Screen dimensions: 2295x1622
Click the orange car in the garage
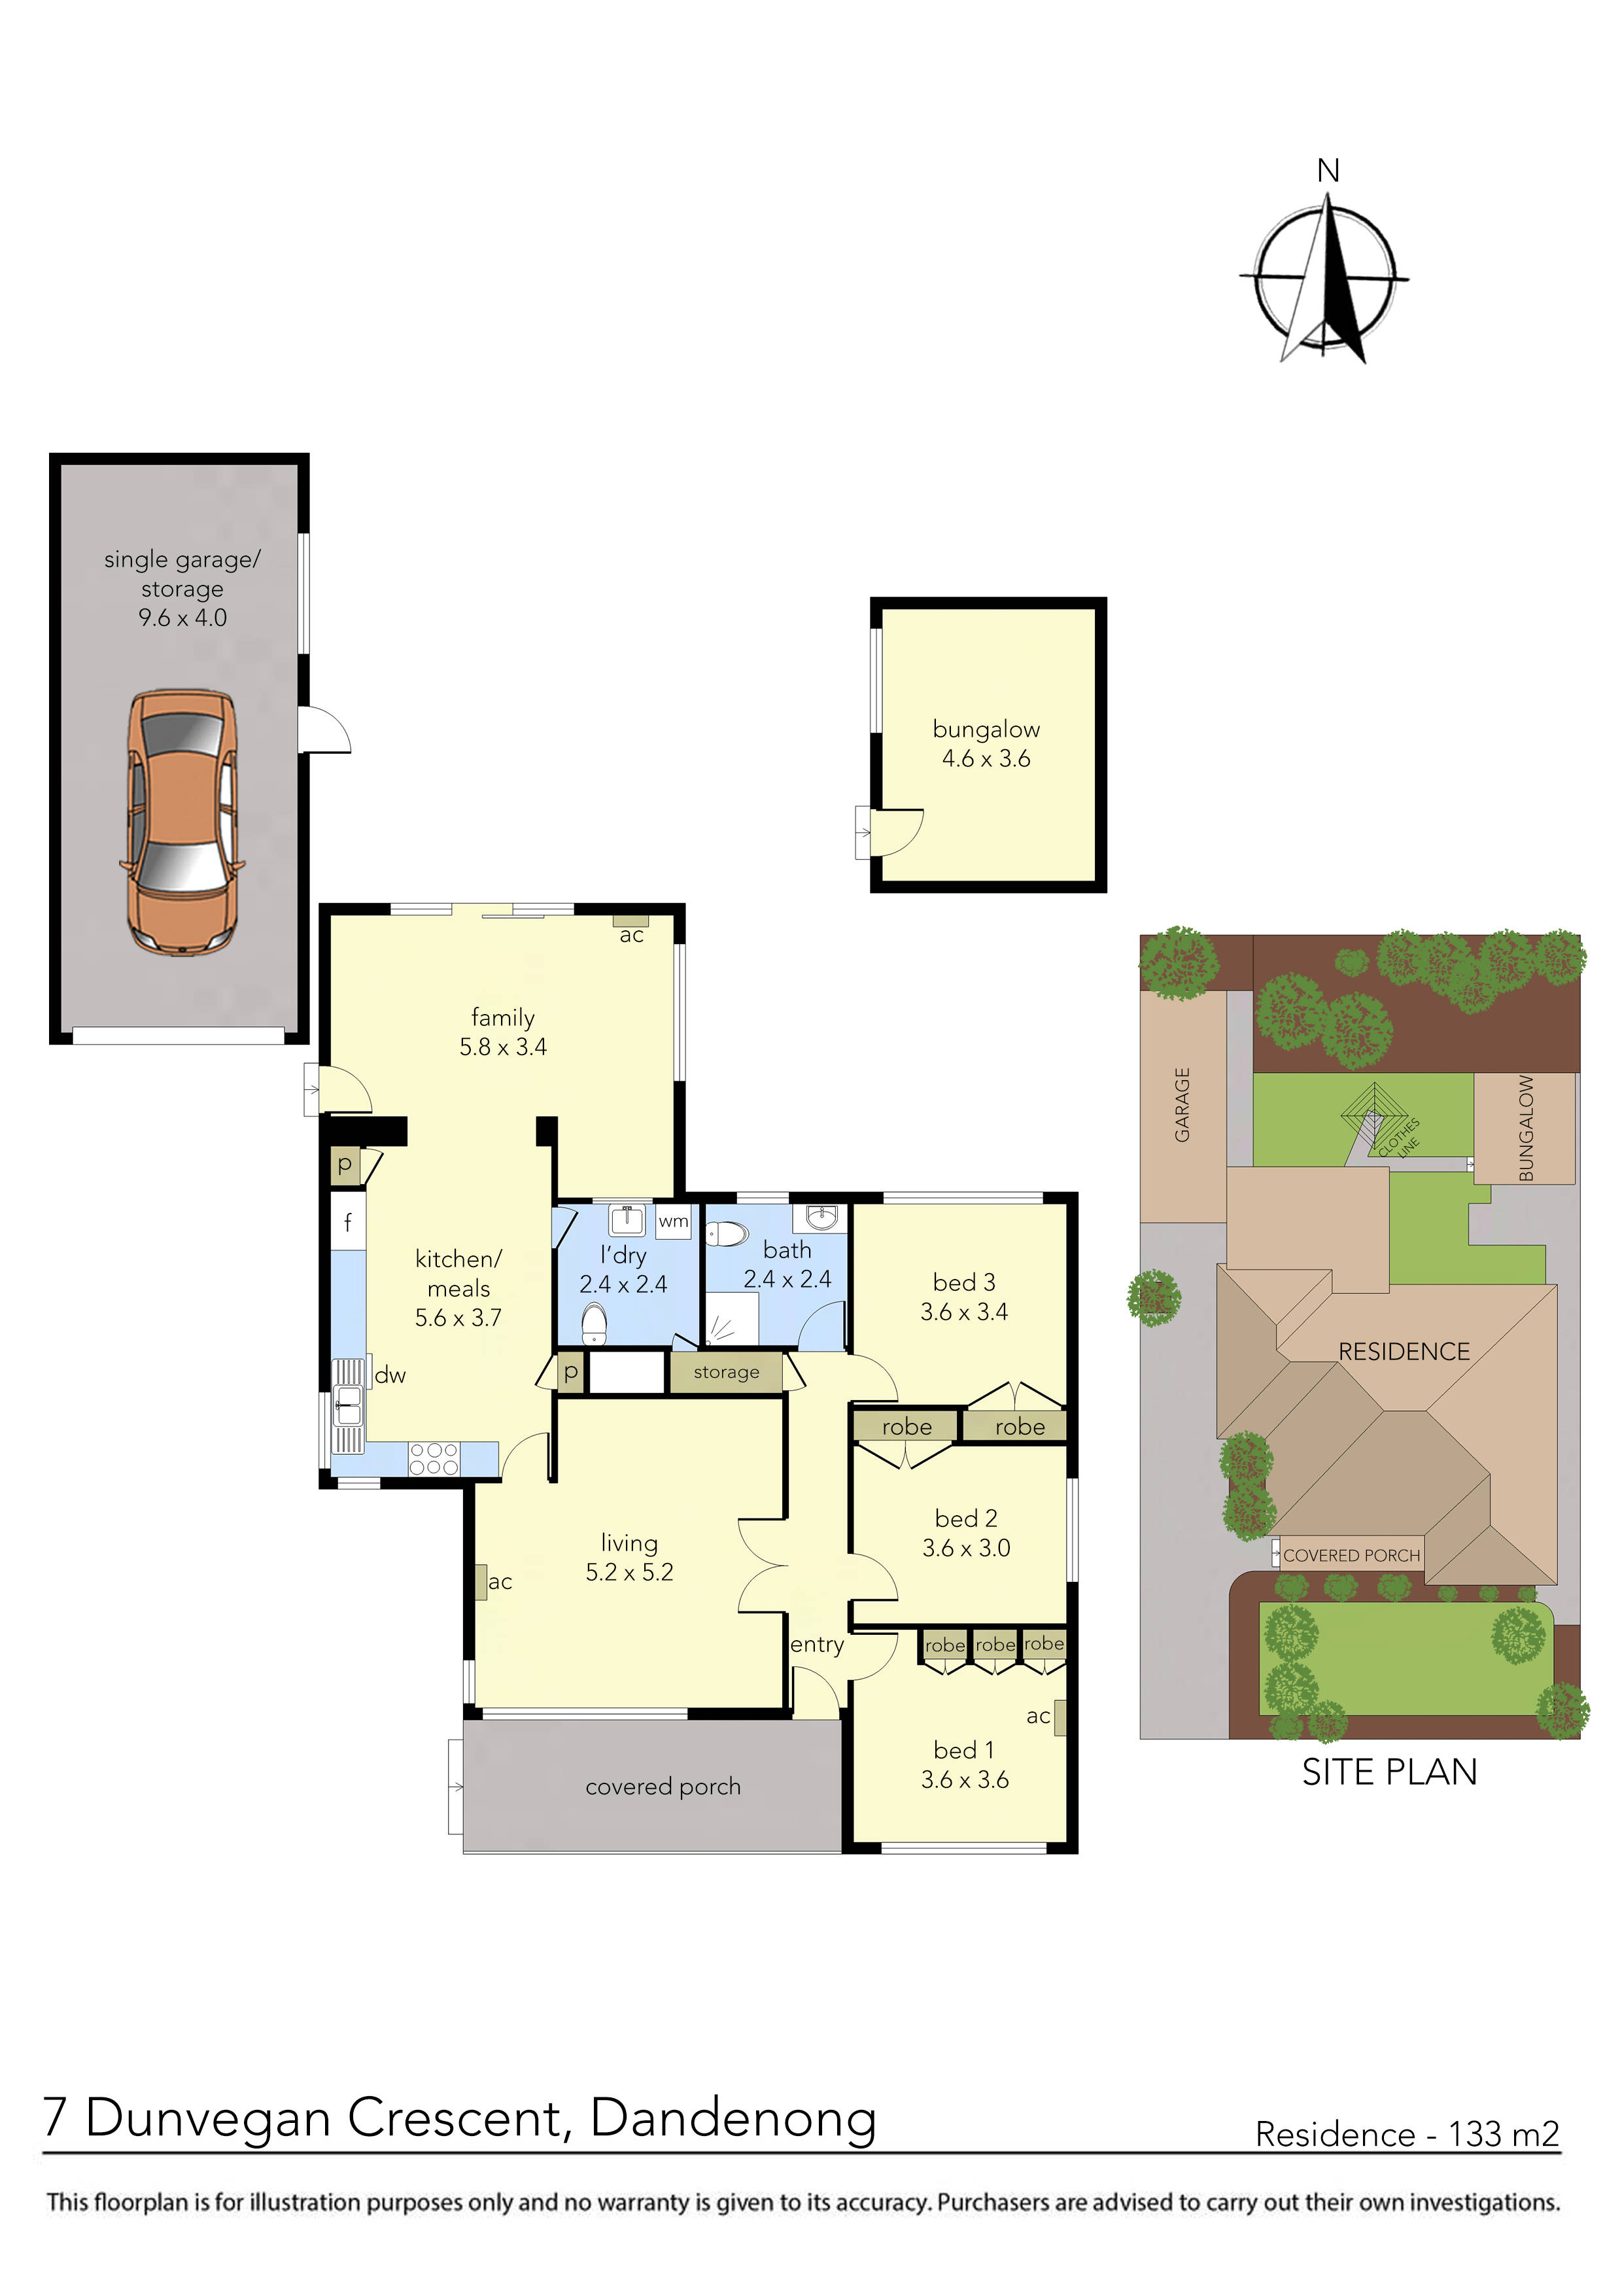[181, 822]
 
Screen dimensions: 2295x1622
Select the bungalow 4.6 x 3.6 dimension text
[986, 759]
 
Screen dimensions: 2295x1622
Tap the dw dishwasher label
[390, 1375]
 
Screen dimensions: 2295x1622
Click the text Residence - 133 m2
[1406, 2134]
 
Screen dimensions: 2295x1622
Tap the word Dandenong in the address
[733, 2117]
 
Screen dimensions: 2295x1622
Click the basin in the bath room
[821, 1218]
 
